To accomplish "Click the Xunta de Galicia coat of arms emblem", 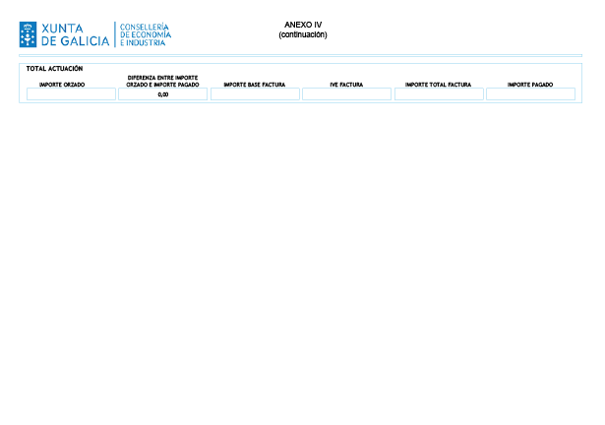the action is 28,34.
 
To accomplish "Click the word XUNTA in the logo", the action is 62,29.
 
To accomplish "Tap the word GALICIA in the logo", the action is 86,41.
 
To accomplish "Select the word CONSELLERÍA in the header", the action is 145,27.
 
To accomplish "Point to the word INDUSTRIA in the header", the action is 146,43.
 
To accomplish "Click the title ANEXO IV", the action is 303,25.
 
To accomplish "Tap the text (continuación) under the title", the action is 303,34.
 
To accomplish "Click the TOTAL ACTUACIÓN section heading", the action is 54,69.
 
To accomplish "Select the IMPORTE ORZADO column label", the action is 62,85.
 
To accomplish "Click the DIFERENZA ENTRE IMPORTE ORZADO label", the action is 162,81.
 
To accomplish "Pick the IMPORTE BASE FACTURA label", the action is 255,85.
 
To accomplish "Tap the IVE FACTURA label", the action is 346,85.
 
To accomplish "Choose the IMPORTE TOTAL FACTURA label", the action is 439,85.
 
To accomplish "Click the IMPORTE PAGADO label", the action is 530,85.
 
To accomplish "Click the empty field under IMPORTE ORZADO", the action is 71,94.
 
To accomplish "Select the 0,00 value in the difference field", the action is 163,94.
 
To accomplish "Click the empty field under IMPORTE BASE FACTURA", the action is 255,94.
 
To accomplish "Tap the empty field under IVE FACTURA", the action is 346,94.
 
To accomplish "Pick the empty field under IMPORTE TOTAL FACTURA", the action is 439,94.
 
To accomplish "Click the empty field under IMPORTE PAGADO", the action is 530,94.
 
